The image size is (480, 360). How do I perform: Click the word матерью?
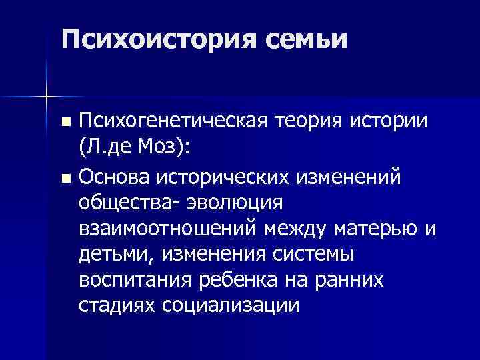[x=374, y=229]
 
